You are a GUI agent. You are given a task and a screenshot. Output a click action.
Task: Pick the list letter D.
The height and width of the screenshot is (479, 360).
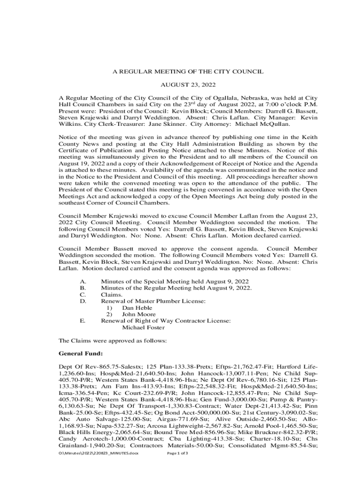pyautogui.click(x=83, y=302)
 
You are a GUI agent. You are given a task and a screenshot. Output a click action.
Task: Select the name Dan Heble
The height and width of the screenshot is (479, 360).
pyautogui.click(x=137, y=308)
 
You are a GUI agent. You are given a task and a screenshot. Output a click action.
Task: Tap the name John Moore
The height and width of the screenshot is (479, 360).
pyautogui.click(x=139, y=315)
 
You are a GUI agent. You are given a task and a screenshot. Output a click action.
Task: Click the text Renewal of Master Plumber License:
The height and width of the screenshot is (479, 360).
pyautogui.click(x=153, y=302)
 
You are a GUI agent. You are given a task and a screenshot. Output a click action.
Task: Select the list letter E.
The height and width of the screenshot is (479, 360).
pyautogui.click(x=83, y=321)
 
